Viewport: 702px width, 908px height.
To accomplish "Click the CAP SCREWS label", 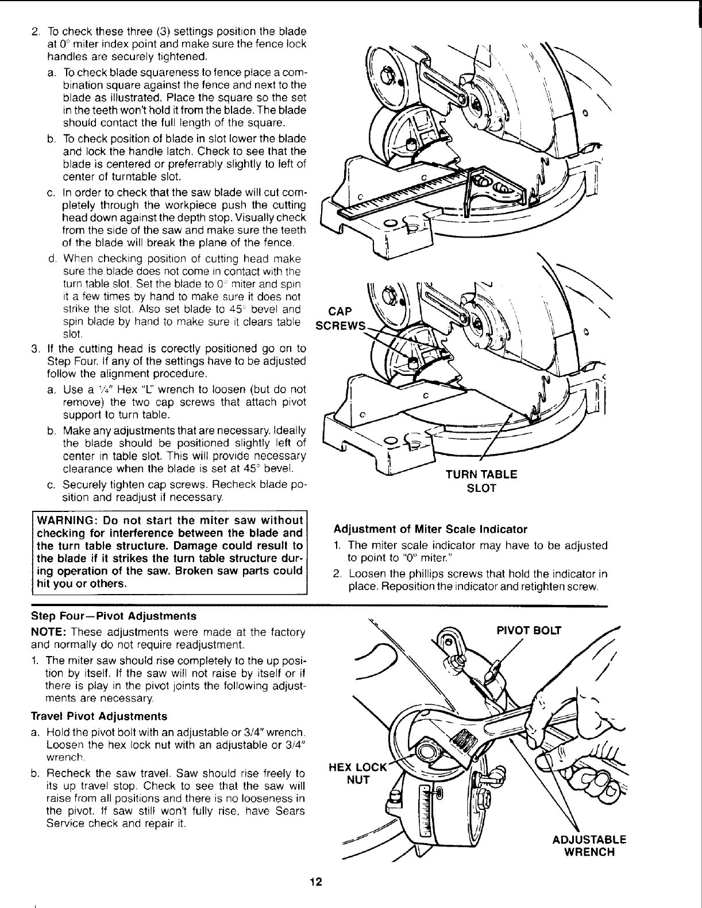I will click(337, 319).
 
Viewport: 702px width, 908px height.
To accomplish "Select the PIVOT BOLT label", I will click(528, 630).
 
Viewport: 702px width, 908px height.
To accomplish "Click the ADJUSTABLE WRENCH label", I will click(588, 845).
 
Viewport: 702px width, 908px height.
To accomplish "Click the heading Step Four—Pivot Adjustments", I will click(113, 616).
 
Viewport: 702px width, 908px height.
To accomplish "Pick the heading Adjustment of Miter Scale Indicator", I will click(430, 529).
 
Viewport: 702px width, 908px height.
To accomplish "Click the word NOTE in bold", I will click(49, 632).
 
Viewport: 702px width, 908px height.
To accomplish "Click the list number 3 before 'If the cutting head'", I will click(35, 348).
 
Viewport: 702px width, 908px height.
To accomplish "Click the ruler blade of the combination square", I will click(402, 195).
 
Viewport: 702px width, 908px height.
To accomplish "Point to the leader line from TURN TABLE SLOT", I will click(494, 434).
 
